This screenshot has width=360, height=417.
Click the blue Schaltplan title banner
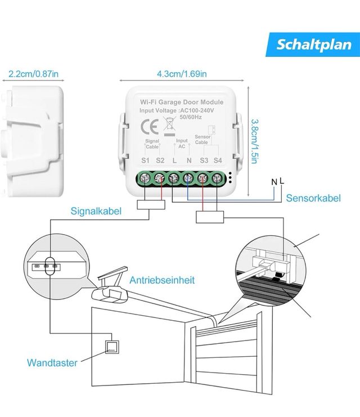pyautogui.click(x=313, y=44)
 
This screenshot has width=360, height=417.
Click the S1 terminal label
pyautogui.click(x=145, y=161)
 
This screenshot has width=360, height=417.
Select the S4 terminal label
pyautogui.click(x=218, y=161)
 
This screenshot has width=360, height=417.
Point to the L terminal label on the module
pyautogui.click(x=175, y=161)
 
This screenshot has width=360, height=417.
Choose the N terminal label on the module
pyautogui.click(x=189, y=161)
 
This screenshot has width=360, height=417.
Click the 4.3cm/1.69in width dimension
pyautogui.click(x=182, y=74)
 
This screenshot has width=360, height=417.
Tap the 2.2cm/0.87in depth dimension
pyautogui.click(x=34, y=74)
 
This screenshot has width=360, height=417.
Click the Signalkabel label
pyautogui.click(x=94, y=212)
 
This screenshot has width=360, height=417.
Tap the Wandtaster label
pyautogui.click(x=52, y=363)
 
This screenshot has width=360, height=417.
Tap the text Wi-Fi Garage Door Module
pyautogui.click(x=182, y=102)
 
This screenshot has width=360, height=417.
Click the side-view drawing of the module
pyautogui.click(x=34, y=140)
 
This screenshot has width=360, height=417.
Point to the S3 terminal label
pyautogui.click(x=204, y=161)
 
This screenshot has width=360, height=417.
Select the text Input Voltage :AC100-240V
pyautogui.click(x=182, y=111)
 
